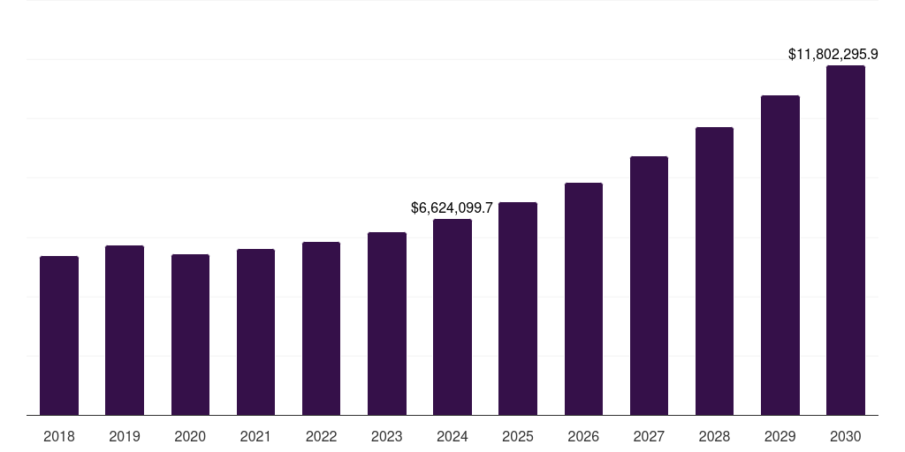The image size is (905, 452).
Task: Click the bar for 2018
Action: (x=59, y=335)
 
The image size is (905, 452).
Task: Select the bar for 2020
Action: (x=190, y=335)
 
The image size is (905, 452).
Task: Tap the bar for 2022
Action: (x=321, y=328)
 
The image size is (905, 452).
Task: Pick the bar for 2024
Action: (x=452, y=317)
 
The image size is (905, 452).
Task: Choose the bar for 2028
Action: (x=714, y=271)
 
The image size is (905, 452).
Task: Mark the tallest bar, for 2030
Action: (x=846, y=240)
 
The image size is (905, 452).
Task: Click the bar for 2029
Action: (x=780, y=255)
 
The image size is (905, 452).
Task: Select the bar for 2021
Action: (x=255, y=332)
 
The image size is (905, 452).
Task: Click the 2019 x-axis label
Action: (x=125, y=436)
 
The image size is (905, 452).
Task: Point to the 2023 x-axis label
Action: (x=387, y=436)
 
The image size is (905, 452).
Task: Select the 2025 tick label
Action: (x=518, y=436)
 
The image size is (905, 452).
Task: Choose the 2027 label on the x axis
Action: (x=649, y=436)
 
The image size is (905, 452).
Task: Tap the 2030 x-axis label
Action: (x=846, y=436)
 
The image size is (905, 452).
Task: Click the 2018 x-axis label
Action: (x=59, y=436)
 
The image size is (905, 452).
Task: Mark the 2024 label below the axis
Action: (x=452, y=436)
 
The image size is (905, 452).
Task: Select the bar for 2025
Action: (x=518, y=308)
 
